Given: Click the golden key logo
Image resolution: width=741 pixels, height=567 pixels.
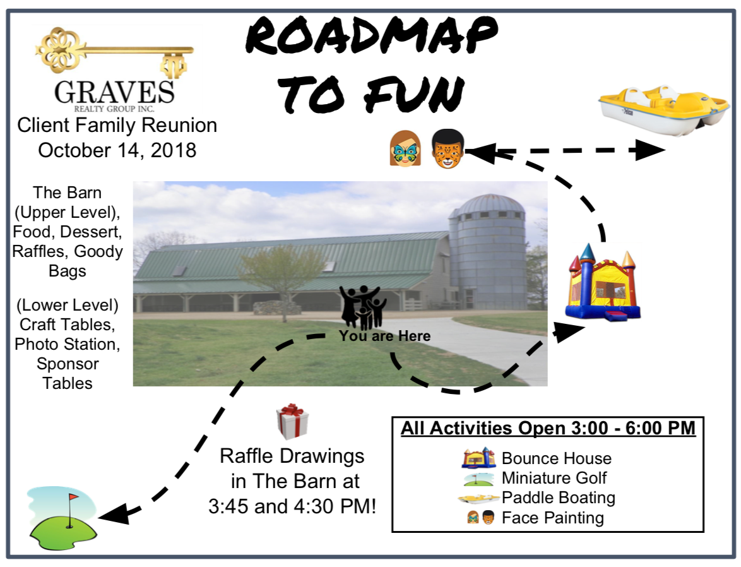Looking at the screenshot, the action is click(114, 52).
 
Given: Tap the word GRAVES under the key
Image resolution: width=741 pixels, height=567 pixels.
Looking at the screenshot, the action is click(114, 92).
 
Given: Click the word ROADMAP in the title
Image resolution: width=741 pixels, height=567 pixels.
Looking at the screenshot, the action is click(371, 35).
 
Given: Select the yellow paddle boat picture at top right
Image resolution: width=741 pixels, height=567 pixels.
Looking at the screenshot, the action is click(663, 110).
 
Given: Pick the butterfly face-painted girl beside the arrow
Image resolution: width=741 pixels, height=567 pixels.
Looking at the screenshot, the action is click(405, 148).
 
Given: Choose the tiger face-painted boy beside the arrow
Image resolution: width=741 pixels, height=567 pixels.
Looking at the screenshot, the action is click(448, 148).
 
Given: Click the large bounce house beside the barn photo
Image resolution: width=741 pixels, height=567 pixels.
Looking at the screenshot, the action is click(603, 282).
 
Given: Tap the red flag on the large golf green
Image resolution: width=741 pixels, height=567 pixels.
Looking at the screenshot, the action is click(74, 497).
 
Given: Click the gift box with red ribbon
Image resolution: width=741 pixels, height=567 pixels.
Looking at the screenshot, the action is click(292, 422).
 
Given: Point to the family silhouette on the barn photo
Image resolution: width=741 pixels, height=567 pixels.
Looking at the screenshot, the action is click(363, 307).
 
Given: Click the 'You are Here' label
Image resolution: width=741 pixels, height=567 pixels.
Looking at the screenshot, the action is click(384, 337).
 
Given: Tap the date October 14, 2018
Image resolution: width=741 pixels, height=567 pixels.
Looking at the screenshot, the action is click(117, 150).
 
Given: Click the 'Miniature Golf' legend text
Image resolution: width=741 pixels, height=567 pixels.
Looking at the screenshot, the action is click(554, 478).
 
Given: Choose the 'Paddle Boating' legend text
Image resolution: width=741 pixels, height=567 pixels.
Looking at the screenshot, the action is click(558, 498).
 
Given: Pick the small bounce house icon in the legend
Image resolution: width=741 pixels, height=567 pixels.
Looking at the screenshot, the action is click(478, 458).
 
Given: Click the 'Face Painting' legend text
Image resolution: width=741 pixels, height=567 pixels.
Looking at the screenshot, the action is click(552, 518).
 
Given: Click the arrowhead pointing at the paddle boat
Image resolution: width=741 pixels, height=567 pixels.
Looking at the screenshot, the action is click(649, 150).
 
